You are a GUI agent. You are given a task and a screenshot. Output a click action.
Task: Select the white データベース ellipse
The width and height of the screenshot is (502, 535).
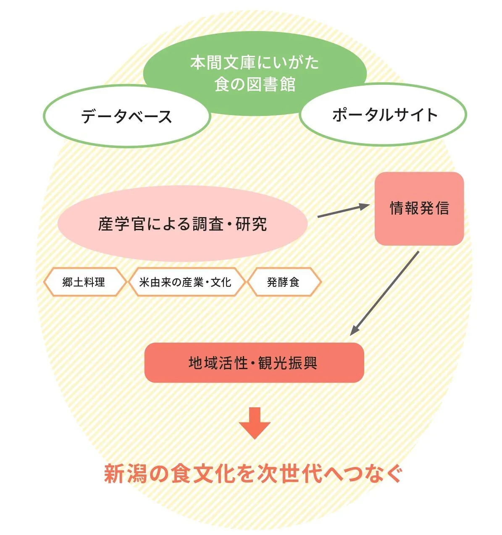tap(126, 116)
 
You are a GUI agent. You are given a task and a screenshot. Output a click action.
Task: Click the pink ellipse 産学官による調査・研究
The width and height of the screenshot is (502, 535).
tap(182, 224)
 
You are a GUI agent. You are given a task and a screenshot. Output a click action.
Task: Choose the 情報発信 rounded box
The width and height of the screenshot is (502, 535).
tap(419, 208)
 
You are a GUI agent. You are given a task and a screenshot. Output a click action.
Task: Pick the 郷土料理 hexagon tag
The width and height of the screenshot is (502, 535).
tap(84, 282)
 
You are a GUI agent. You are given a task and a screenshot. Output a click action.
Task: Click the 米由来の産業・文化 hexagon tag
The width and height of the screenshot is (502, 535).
tap(185, 282)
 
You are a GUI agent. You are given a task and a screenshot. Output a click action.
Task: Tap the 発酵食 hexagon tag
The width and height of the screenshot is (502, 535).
tap(284, 282)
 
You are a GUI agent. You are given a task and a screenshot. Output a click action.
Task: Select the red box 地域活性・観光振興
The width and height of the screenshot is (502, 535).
tap(254, 363)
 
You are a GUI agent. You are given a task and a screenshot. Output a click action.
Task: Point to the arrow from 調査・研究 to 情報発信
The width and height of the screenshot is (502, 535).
tap(343, 211)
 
